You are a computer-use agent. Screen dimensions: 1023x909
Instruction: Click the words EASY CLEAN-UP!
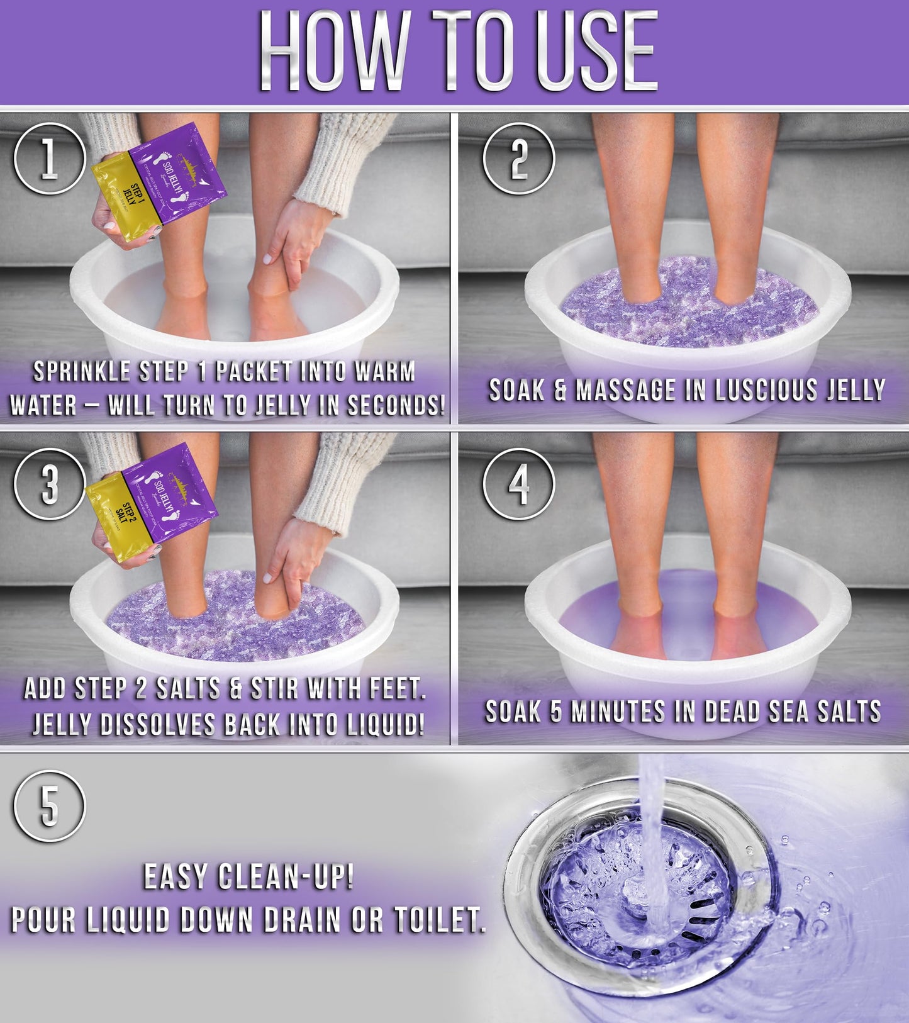[x=248, y=876]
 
